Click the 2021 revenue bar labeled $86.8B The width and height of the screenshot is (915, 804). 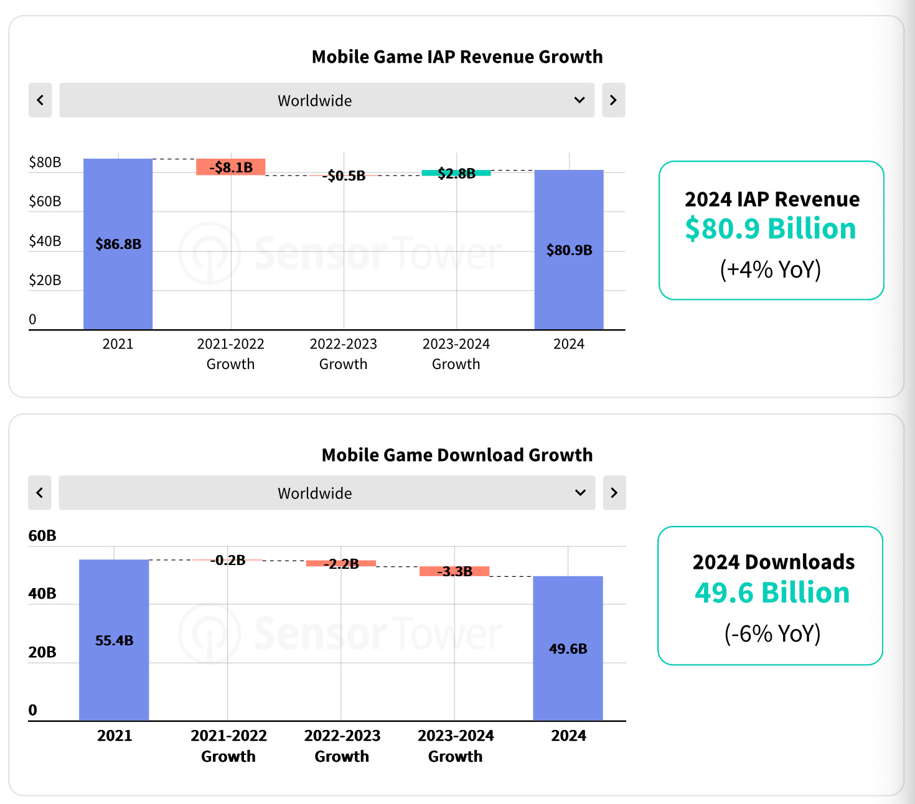118,244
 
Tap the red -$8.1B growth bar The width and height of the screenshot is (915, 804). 231,167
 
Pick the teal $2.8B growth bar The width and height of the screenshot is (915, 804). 456,173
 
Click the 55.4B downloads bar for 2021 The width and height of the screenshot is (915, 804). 114,640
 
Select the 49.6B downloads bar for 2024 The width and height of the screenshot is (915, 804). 568,648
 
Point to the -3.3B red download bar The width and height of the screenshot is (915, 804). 454,571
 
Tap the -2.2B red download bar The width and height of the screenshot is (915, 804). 341,563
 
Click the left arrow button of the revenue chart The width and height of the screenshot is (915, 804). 40,100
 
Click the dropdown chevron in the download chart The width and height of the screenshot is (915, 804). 580,493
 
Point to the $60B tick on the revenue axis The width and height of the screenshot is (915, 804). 45,201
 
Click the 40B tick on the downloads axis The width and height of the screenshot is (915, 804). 42,594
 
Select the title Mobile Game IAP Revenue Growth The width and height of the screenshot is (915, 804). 457,57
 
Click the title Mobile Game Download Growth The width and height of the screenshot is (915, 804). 457,455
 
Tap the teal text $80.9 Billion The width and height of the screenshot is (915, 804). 771,228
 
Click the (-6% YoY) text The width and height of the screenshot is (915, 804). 772,633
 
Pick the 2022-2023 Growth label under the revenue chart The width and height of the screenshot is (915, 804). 344,353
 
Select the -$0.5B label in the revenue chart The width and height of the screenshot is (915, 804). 344,175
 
